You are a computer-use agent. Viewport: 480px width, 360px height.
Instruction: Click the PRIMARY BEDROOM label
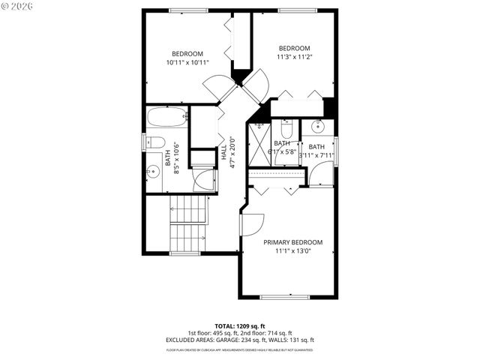click(292, 242)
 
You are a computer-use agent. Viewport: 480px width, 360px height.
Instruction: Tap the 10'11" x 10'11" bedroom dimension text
click(187, 62)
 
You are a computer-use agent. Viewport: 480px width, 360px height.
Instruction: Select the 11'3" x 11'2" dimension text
click(294, 56)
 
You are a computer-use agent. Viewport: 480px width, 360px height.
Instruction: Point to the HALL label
click(223, 154)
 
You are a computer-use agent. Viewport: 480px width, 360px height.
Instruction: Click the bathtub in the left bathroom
click(166, 118)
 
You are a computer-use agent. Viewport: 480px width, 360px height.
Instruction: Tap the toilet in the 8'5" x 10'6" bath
click(155, 142)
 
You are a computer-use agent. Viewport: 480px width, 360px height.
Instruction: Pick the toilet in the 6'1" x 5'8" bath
click(286, 126)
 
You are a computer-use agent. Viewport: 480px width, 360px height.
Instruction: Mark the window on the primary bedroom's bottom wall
click(284, 298)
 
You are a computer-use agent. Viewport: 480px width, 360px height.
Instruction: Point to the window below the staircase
click(184, 253)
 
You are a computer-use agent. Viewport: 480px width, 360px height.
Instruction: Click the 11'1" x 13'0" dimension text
click(292, 251)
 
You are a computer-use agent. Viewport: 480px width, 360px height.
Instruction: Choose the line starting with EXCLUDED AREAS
click(239, 340)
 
